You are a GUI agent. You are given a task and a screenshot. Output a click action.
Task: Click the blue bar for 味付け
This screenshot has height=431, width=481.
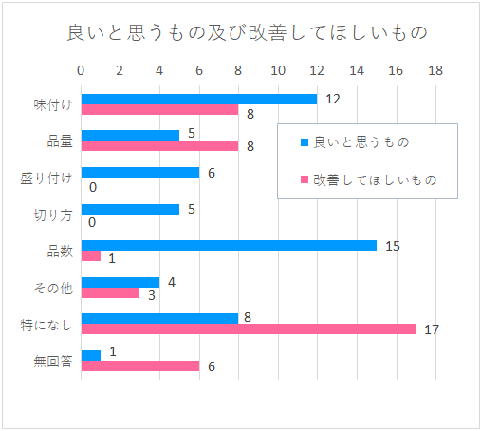pyautogui.click(x=199, y=99)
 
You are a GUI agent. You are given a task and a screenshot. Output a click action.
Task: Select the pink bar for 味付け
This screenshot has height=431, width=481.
pyautogui.click(x=159, y=109)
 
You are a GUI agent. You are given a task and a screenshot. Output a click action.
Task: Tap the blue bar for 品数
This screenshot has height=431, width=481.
pyautogui.click(x=229, y=246)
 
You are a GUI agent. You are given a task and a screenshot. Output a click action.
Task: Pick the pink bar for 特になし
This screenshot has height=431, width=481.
pyautogui.click(x=249, y=328)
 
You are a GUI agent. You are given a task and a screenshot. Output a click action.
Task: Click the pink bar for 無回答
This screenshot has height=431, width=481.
pyautogui.click(x=140, y=365)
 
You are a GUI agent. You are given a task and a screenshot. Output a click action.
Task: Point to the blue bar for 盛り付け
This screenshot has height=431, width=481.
pyautogui.click(x=140, y=173)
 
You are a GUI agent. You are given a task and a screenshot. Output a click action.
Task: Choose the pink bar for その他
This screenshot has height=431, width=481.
pyautogui.click(x=110, y=292)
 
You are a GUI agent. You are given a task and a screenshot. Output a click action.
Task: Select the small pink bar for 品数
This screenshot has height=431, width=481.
pyautogui.click(x=91, y=256)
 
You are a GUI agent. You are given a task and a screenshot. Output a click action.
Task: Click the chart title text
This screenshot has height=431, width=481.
pyautogui.click(x=248, y=33)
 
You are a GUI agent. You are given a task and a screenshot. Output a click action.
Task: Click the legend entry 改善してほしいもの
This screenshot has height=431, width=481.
pyautogui.click(x=368, y=180)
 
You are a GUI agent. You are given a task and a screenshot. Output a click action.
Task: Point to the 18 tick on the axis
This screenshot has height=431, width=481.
pyautogui.click(x=435, y=70)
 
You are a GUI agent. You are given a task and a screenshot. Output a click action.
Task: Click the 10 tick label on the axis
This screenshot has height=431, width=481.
pyautogui.click(x=278, y=70)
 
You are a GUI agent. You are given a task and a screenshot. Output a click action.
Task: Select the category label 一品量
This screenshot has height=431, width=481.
pyautogui.click(x=53, y=141)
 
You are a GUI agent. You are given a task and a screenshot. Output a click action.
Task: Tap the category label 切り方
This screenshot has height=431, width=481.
pyautogui.click(x=53, y=215)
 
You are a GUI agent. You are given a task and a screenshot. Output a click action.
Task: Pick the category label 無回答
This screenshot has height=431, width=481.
pyautogui.click(x=53, y=361)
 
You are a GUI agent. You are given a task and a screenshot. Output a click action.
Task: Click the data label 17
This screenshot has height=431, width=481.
pyautogui.click(x=432, y=329)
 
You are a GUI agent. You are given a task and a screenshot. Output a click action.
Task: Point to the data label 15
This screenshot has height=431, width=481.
pyautogui.click(x=393, y=246)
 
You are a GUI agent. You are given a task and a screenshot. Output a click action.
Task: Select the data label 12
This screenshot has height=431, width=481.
pyautogui.click(x=333, y=99)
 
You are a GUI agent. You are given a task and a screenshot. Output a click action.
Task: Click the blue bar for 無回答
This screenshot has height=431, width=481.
pyautogui.click(x=91, y=355)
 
